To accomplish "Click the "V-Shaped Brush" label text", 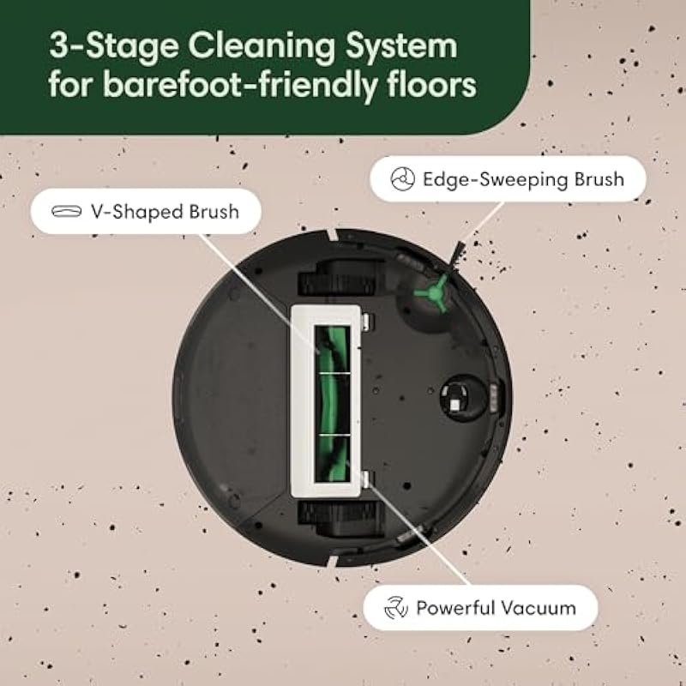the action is click(x=165, y=212).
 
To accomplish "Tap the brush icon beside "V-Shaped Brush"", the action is click(x=67, y=211).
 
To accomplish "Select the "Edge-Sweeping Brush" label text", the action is click(x=523, y=179).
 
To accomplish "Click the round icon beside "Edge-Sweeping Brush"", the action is click(x=402, y=179).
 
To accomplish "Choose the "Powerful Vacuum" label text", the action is click(x=496, y=608).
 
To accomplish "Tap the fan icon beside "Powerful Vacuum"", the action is click(x=396, y=608).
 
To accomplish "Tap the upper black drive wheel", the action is click(x=340, y=278).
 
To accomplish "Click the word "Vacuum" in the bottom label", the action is click(x=538, y=608).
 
